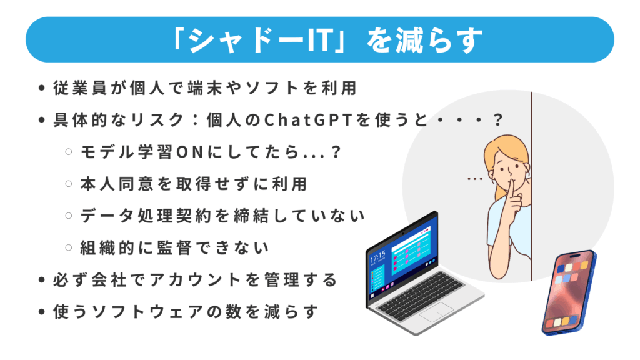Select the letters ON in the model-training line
pyautogui.click(x=190, y=152)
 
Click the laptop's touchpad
pyautogui.click(x=436, y=312)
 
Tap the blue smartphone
pyautogui.click(x=569, y=292)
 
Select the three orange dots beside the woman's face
pyautogui.click(x=475, y=179)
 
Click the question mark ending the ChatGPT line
pyautogui.click(x=497, y=120)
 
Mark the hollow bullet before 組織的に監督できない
pyautogui.click(x=69, y=247)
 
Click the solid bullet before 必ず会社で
pyautogui.click(x=41, y=280)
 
